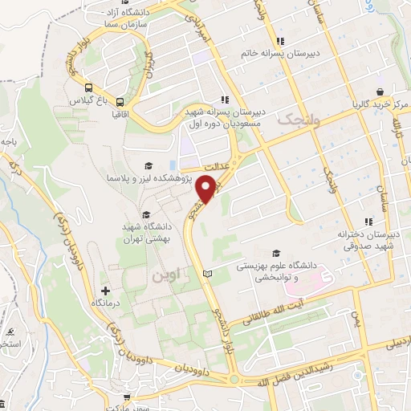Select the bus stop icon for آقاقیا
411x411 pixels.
point(120,102)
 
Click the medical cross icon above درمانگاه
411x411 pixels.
point(105,290)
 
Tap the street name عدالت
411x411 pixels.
point(214,163)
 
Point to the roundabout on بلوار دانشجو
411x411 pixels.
point(233,379)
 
